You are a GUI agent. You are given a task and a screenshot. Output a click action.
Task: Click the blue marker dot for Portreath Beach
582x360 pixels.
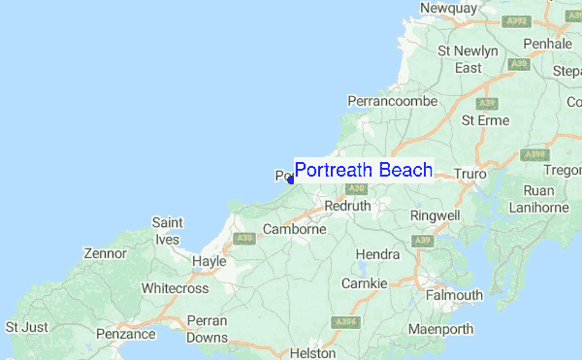(291, 180)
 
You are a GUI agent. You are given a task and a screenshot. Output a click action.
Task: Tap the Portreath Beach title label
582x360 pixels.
(364, 171)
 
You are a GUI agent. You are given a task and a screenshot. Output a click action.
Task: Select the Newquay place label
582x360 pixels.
(448, 8)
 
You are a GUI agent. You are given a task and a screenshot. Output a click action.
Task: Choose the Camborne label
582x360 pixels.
(295, 230)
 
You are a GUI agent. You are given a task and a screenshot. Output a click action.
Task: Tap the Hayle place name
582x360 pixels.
(209, 261)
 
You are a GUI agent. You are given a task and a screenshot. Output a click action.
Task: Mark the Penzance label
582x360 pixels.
(126, 334)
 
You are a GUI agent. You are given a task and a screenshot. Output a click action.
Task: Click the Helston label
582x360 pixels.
(312, 353)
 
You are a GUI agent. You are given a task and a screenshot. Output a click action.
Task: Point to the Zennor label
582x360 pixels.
(105, 253)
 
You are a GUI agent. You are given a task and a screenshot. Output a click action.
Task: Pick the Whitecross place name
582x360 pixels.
(175, 288)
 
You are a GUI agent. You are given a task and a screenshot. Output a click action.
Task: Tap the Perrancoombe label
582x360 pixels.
(393, 101)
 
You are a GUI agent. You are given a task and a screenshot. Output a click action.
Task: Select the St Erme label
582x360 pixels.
(484, 120)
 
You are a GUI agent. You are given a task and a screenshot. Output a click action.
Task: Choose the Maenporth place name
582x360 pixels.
(440, 329)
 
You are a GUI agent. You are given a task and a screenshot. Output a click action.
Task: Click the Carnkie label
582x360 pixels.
(364, 283)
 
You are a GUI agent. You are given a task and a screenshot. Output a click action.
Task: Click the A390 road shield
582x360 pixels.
(534, 154)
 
